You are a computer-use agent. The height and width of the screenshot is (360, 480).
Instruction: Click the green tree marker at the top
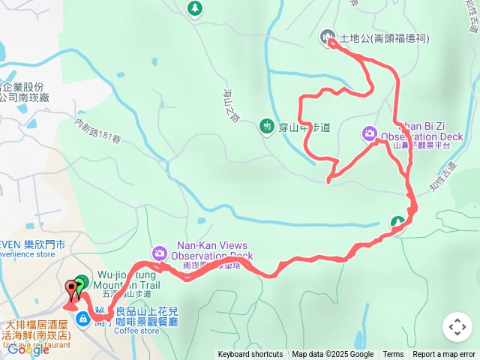click(x=195, y=7)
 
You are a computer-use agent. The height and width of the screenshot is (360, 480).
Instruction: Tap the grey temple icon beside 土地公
click(x=327, y=36)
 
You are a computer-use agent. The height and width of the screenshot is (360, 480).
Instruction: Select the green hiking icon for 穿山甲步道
click(x=265, y=127)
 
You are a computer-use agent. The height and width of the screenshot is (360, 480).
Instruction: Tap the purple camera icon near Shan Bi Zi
click(x=369, y=133)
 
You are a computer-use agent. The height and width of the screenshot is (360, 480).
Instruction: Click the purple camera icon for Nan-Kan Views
click(x=159, y=252)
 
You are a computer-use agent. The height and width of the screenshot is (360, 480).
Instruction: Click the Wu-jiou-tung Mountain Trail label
click(x=127, y=280)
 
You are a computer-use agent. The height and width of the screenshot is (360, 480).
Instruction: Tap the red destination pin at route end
click(x=73, y=288)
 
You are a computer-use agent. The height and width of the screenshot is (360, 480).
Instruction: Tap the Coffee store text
click(x=136, y=331)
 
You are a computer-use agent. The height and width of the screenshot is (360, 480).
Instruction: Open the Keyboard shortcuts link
click(x=250, y=355)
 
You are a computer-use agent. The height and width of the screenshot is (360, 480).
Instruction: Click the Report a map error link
click(x=443, y=355)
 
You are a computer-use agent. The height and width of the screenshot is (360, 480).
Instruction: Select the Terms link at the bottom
click(x=393, y=355)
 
